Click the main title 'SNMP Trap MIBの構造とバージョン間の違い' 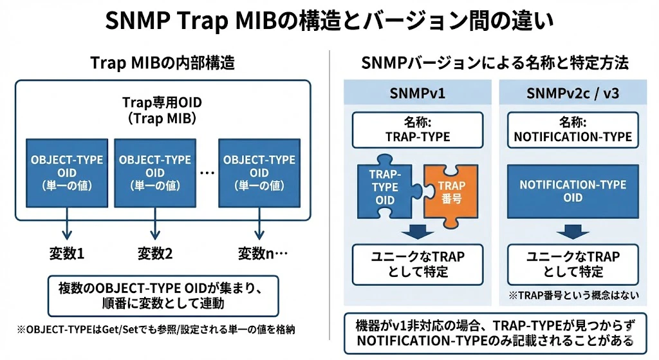click(x=329, y=21)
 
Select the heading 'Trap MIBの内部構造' click(x=163, y=63)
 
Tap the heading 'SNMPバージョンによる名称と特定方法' click(x=495, y=63)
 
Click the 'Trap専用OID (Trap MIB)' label click(x=162, y=110)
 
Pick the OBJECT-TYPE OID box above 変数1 click(x=67, y=173)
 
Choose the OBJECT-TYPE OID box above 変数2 click(x=155, y=173)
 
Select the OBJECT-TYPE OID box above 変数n click(x=259, y=173)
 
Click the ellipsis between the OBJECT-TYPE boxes click(x=207, y=173)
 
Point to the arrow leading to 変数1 click(x=67, y=223)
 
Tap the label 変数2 click(x=155, y=253)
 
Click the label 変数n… click(x=263, y=253)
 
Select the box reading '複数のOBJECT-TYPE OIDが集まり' click(x=163, y=296)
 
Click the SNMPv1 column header click(x=417, y=93)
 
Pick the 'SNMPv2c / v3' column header click(x=573, y=93)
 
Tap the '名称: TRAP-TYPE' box click(x=418, y=130)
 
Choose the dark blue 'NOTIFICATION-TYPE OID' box click(x=573, y=191)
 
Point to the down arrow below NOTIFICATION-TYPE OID click(x=573, y=232)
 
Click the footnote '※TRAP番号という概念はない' click(x=573, y=295)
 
